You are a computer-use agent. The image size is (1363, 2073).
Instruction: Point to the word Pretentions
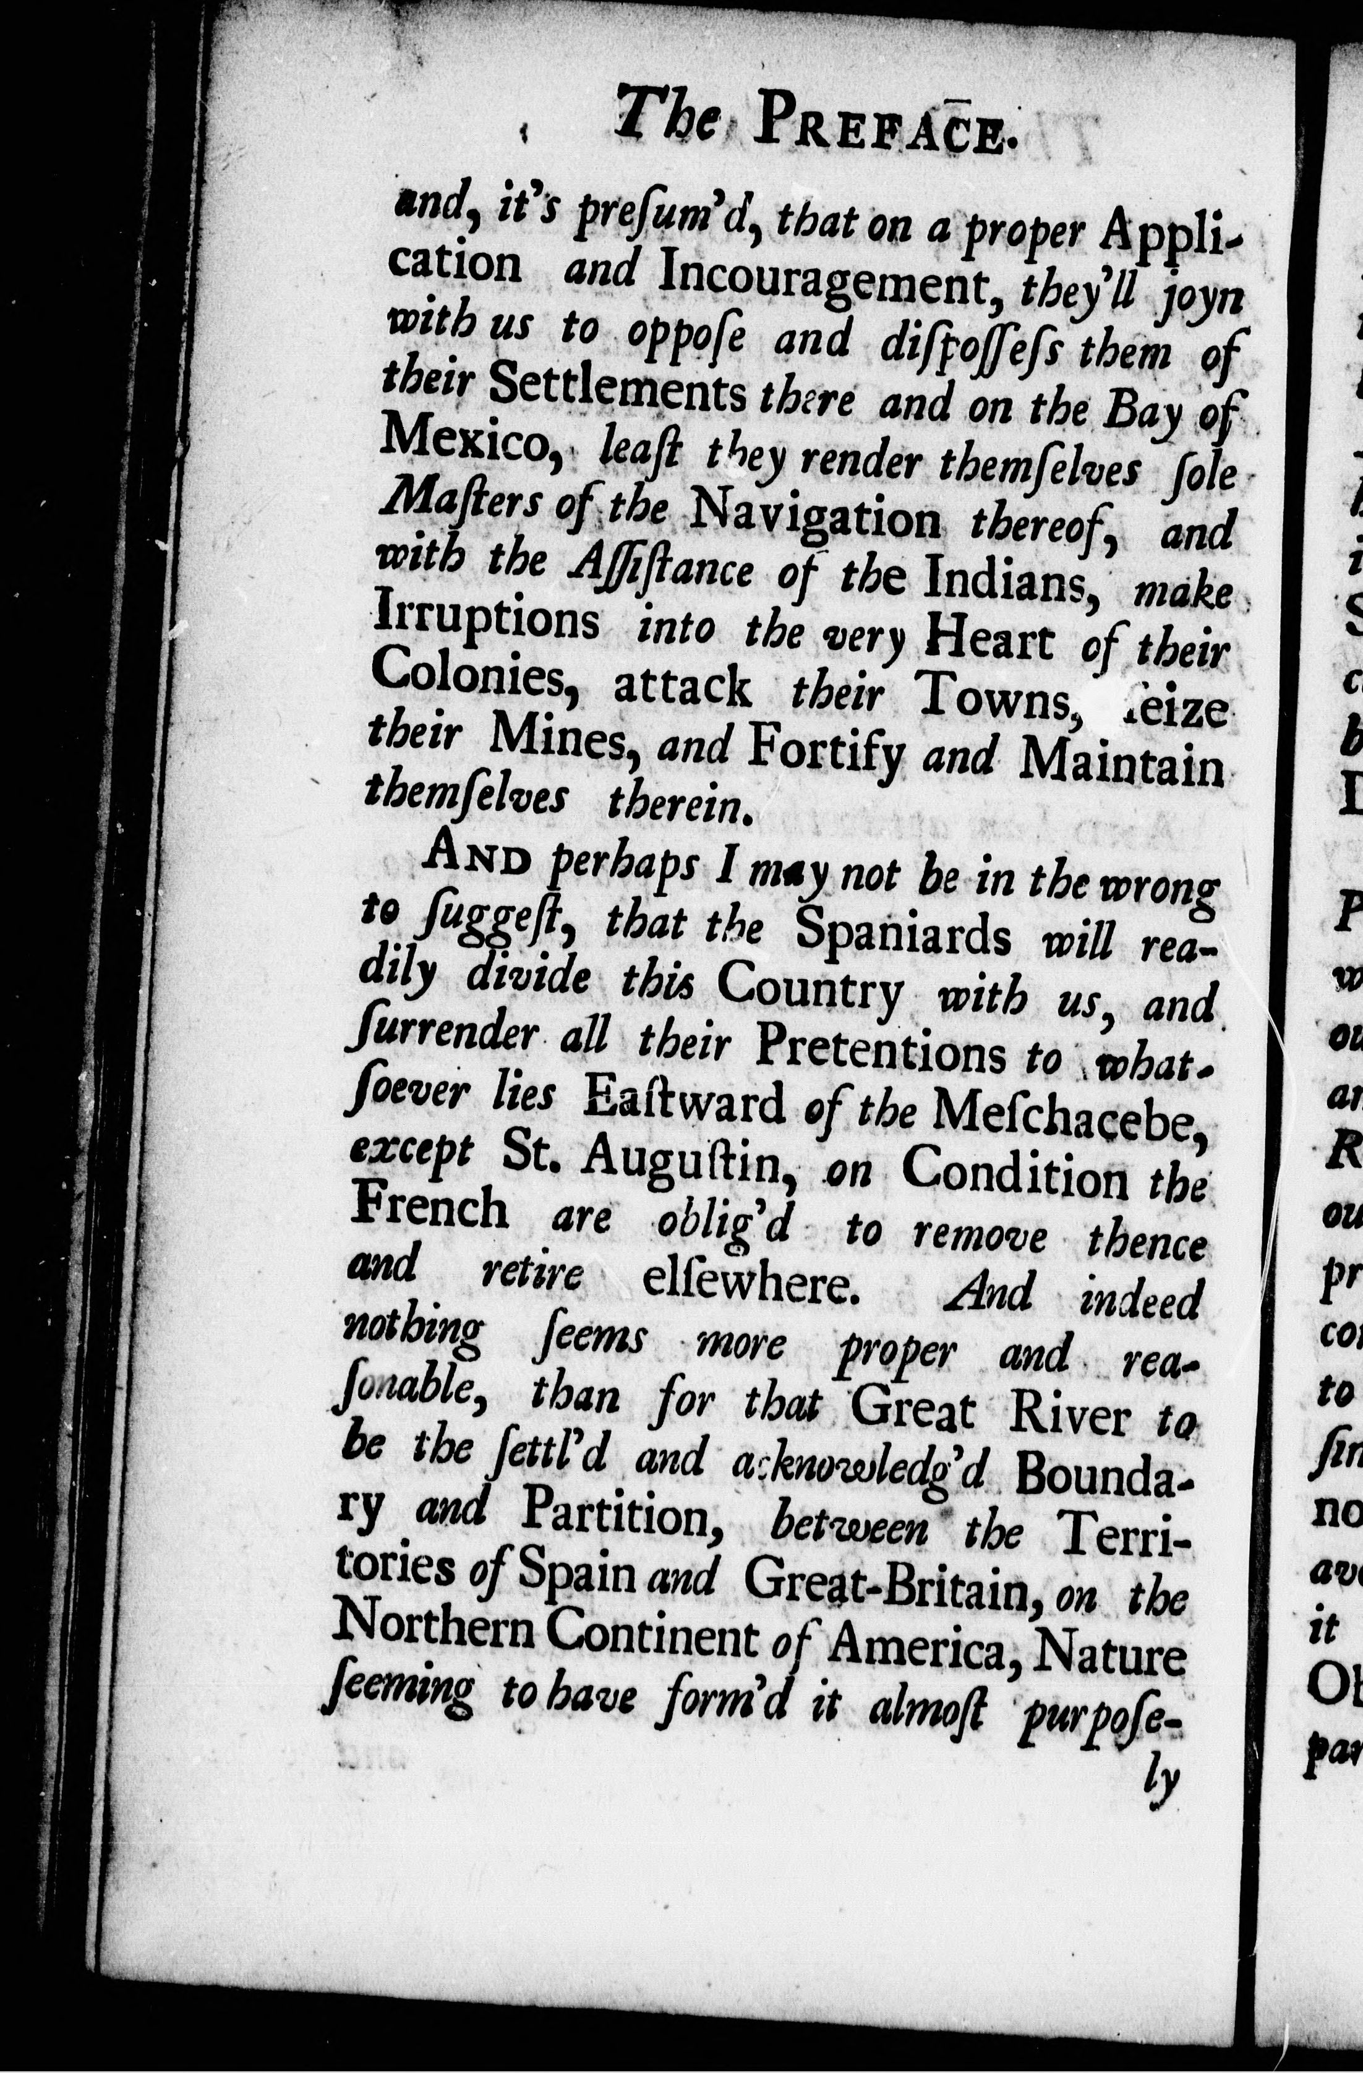point(879,1056)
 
